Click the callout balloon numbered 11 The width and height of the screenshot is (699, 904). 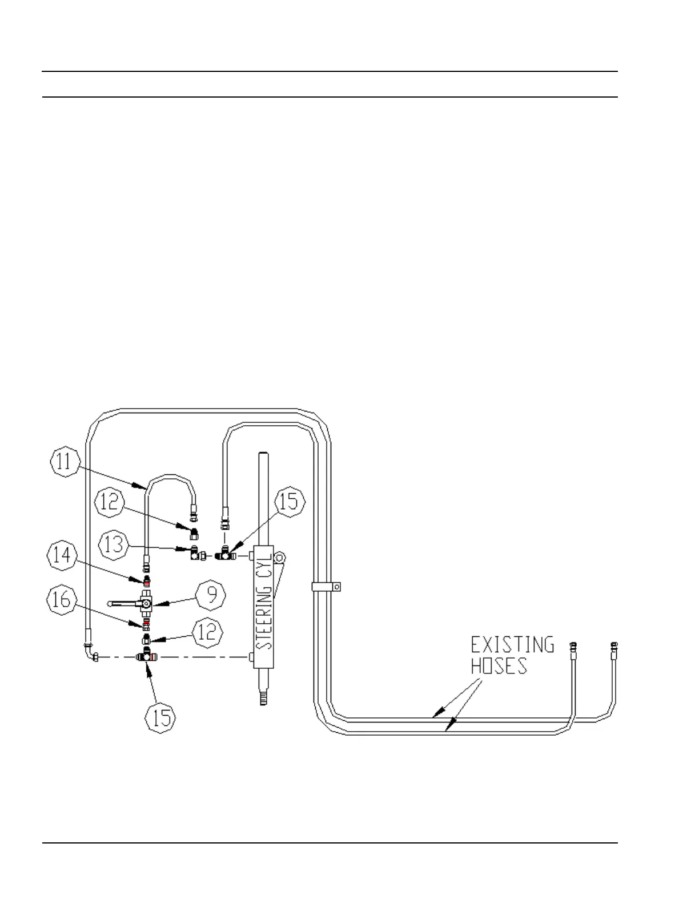point(65,462)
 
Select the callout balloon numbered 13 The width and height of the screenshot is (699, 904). point(114,544)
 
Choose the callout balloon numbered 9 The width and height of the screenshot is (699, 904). point(211,596)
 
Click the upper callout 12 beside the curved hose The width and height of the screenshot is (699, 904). point(109,501)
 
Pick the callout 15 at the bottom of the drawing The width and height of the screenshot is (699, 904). point(161,717)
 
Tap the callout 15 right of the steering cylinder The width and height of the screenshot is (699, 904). point(290,502)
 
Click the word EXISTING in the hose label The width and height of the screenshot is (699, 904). point(512,645)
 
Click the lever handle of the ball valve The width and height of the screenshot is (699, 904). point(123,602)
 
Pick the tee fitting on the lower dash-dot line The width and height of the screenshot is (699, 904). point(147,657)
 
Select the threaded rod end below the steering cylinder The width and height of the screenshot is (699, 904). point(262,698)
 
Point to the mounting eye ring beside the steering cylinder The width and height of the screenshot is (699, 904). point(279,558)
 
